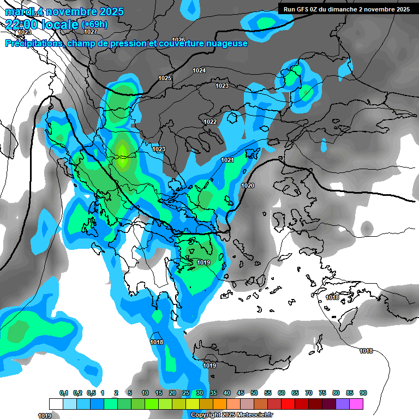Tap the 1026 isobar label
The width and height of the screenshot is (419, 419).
tap(178, 40)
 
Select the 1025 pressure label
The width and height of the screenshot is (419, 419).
tap(165, 78)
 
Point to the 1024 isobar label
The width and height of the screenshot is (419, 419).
tap(199, 70)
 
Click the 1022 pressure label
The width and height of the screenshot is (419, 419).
tap(210, 122)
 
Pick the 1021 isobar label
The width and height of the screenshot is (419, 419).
tap(228, 160)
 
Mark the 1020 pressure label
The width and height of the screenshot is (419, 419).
tap(248, 185)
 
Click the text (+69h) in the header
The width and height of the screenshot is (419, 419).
tap(95, 25)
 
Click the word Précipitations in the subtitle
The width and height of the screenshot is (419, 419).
tap(34, 44)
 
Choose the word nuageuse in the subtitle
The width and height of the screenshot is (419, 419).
tap(226, 44)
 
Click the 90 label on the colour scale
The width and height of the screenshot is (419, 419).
tap(363, 393)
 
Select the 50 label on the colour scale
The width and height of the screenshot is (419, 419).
tap(254, 393)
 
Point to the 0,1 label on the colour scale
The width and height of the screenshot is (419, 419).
tap(64, 393)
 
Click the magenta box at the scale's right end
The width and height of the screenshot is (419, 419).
tap(356, 404)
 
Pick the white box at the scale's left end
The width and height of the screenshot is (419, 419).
tap(56, 404)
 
